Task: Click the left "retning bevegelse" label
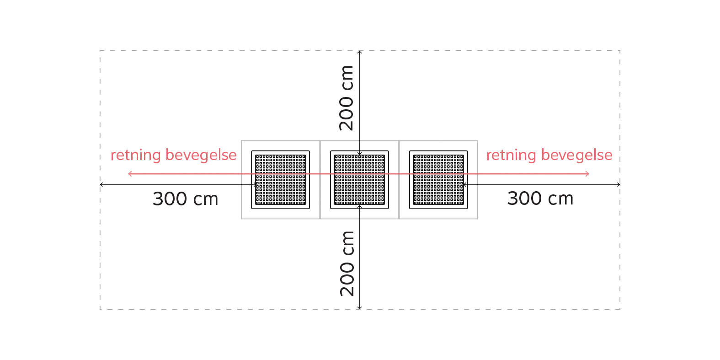pyautogui.click(x=174, y=156)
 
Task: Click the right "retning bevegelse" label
pyautogui.click(x=549, y=156)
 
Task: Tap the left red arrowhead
pyautogui.click(x=130, y=174)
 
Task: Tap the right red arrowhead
pyautogui.click(x=587, y=174)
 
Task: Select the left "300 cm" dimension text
pyautogui.click(x=186, y=199)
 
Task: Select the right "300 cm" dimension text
pyautogui.click(x=540, y=198)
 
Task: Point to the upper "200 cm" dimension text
pyautogui.click(x=346, y=98)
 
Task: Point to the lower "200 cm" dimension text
pyautogui.click(x=347, y=263)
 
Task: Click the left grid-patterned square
pyautogui.click(x=281, y=180)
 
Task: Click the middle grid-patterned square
pyautogui.click(x=359, y=180)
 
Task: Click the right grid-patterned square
pyautogui.click(x=438, y=180)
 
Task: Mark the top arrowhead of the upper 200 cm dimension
pyautogui.click(x=360, y=52)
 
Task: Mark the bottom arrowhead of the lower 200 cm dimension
pyautogui.click(x=360, y=308)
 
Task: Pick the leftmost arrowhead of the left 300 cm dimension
pyautogui.click(x=101, y=185)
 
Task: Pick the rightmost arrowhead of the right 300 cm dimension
pyautogui.click(x=619, y=185)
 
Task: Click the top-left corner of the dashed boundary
pyautogui.click(x=100, y=51)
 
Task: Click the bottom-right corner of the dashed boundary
pyautogui.click(x=620, y=309)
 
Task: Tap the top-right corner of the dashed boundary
pyautogui.click(x=620, y=51)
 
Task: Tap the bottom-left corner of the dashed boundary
pyautogui.click(x=100, y=309)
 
